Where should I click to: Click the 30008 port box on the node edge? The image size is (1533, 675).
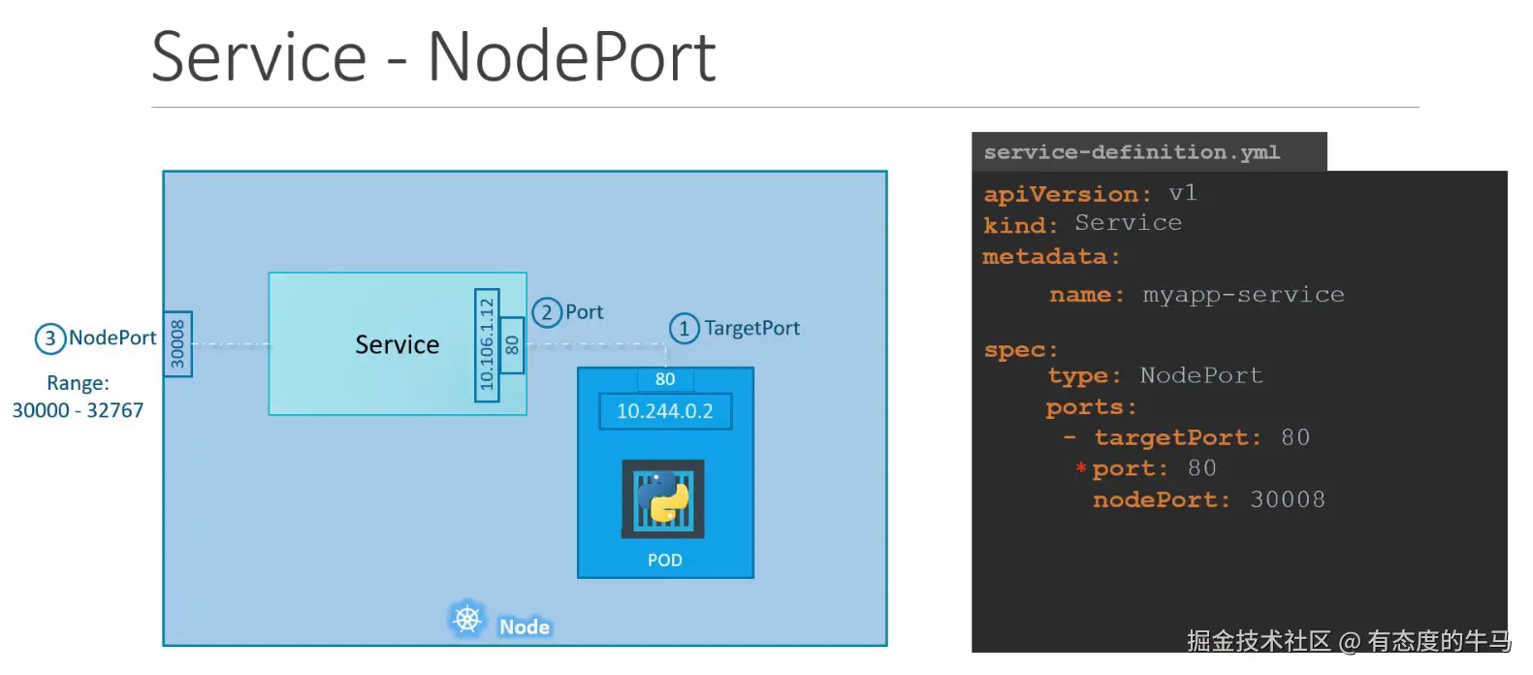pyautogui.click(x=177, y=344)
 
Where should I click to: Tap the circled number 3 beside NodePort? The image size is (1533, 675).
pyautogui.click(x=49, y=338)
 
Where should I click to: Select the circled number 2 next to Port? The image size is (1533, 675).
pyautogui.click(x=547, y=312)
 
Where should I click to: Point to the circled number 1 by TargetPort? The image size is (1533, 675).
pyautogui.click(x=684, y=329)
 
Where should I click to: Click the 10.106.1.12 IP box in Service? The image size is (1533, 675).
pyautogui.click(x=487, y=344)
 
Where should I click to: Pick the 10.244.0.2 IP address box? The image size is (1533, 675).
pyautogui.click(x=665, y=411)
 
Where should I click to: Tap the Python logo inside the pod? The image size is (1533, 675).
pyautogui.click(x=663, y=498)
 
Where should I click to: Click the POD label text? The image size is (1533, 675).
pyautogui.click(x=665, y=561)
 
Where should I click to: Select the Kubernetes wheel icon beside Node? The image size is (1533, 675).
pyautogui.click(x=467, y=619)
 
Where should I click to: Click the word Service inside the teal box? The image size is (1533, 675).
pyautogui.click(x=397, y=345)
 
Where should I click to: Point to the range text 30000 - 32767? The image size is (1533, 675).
pyautogui.click(x=78, y=410)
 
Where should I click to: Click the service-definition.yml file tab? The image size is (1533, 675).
pyautogui.click(x=1132, y=152)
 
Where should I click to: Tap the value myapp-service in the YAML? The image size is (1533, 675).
pyautogui.click(x=1243, y=295)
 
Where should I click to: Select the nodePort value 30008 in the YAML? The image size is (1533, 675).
pyautogui.click(x=1287, y=499)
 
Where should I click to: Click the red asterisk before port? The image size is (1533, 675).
pyautogui.click(x=1080, y=468)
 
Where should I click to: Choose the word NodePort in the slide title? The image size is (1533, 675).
pyautogui.click(x=571, y=57)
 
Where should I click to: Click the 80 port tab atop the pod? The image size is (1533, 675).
pyautogui.click(x=665, y=379)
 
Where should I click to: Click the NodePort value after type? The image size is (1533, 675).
pyautogui.click(x=1201, y=375)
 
